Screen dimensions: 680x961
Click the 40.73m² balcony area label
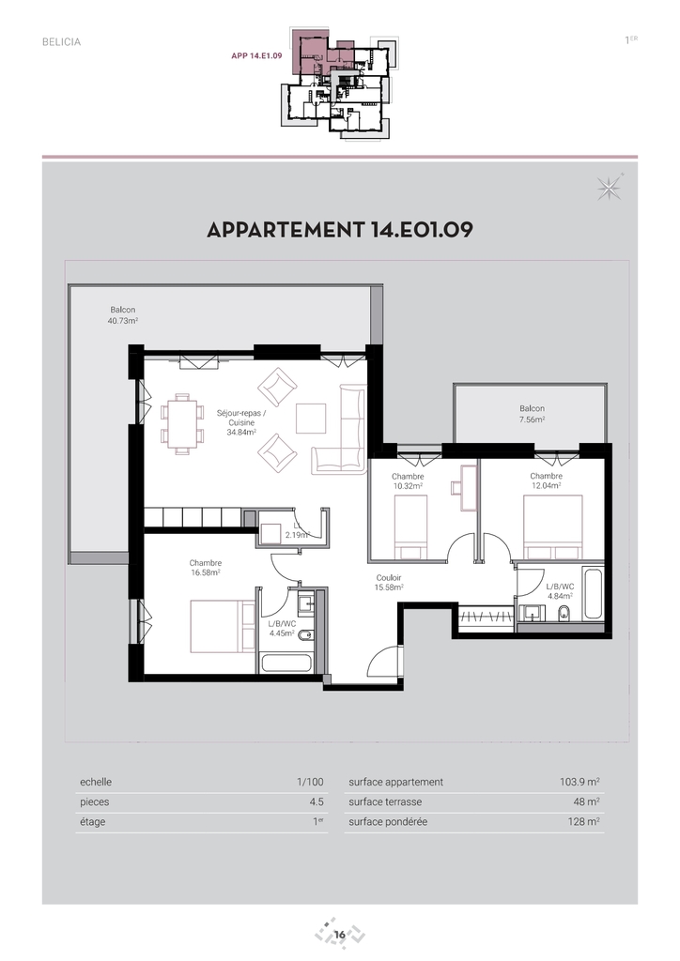click(x=123, y=315)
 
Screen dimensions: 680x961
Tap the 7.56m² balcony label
click(x=532, y=414)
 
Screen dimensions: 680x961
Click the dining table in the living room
click(x=182, y=423)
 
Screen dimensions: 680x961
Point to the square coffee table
click(x=311, y=418)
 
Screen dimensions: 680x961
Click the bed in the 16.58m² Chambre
click(x=223, y=628)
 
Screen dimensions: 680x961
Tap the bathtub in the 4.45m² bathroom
click(x=286, y=664)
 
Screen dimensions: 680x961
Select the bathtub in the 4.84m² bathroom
click(x=593, y=594)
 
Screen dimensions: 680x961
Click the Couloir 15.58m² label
click(x=389, y=582)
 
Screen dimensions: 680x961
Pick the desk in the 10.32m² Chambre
click(x=469, y=487)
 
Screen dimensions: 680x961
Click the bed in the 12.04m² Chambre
click(x=552, y=527)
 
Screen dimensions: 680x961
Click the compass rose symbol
click(x=610, y=188)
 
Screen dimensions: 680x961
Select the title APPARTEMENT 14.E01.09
click(x=340, y=230)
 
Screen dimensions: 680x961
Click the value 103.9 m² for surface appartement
click(x=580, y=782)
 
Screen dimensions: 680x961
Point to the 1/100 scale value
click(x=310, y=782)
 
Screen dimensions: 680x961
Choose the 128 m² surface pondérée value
click(x=584, y=822)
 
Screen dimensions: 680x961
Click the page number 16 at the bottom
click(x=340, y=936)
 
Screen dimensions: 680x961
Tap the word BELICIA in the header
click(x=61, y=42)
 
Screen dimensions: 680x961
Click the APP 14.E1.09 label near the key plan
click(x=256, y=55)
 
